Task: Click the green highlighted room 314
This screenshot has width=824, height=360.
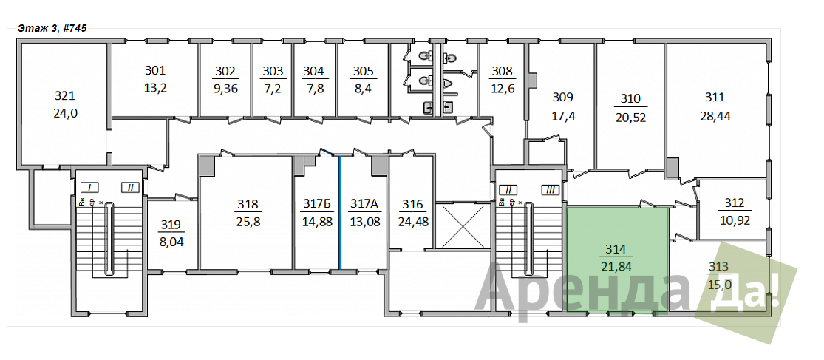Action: (617, 260)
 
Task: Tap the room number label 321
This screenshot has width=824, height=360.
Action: (64, 96)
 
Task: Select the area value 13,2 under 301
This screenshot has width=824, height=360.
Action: (155, 87)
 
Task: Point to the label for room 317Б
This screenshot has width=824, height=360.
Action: (319, 203)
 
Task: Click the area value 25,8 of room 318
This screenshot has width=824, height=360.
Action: (248, 221)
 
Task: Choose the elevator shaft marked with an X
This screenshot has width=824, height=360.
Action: (463, 225)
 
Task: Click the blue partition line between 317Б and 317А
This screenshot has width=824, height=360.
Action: (339, 212)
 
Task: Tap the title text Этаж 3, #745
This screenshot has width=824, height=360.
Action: (52, 28)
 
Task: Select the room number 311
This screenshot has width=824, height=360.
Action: (715, 98)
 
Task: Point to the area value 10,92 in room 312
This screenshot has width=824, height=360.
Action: (734, 220)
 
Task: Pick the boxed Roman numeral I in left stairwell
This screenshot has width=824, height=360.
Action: (90, 187)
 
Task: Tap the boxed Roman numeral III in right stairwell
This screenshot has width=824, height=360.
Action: (551, 189)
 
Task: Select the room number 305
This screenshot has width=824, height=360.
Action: (363, 71)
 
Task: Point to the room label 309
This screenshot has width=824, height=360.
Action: (562, 98)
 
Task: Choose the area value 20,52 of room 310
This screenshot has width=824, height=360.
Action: (630, 118)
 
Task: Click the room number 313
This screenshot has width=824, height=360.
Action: (718, 266)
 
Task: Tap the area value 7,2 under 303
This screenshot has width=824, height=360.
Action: (273, 88)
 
